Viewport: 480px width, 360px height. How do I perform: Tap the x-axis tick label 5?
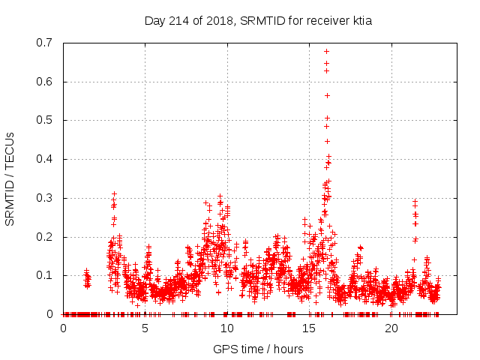point(145,328)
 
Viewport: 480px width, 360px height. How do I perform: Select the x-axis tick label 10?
point(227,328)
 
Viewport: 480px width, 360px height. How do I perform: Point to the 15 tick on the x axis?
point(310,328)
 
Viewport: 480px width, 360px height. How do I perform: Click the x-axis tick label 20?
point(391,328)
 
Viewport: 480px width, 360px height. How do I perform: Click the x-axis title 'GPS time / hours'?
point(258,349)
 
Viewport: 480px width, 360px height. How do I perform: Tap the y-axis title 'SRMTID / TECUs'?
point(10,178)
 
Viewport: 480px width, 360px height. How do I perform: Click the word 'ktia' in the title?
point(360,20)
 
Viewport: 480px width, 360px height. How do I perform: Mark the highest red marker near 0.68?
point(326,51)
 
